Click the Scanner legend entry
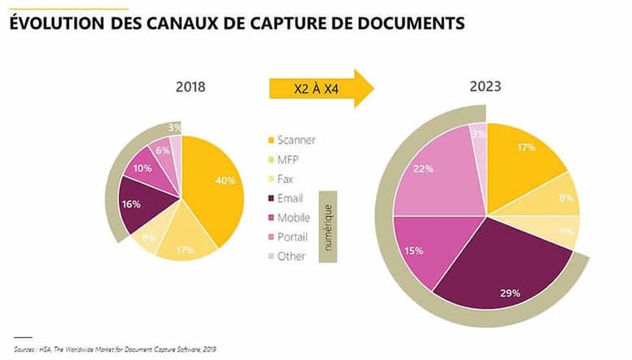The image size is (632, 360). (295, 139)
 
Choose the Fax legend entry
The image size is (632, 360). (287, 178)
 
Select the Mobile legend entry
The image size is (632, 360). (293, 217)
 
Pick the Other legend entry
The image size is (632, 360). (291, 256)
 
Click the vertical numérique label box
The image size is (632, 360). (328, 226)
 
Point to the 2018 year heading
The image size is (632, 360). (190, 87)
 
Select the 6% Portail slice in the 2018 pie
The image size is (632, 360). (163, 151)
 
